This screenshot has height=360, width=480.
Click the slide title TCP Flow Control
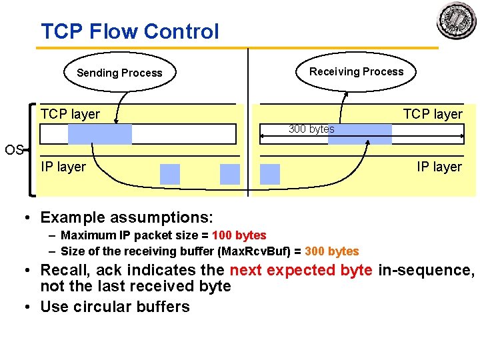pyautogui.click(x=129, y=31)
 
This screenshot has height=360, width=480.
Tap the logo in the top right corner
pyautogui.click(x=457, y=21)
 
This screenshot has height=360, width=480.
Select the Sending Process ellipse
pyautogui.click(x=119, y=73)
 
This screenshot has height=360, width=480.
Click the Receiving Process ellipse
pyautogui.click(x=356, y=71)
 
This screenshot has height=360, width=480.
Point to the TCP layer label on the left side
pyautogui.click(x=70, y=114)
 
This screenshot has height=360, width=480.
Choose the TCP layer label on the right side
pyautogui.click(x=432, y=114)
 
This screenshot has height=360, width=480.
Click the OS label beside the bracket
pyautogui.click(x=14, y=150)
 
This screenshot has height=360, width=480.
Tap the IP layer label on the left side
pyautogui.click(x=63, y=167)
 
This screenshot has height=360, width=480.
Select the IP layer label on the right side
pyautogui.click(x=439, y=167)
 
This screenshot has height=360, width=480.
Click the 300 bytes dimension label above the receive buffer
pyautogui.click(x=311, y=129)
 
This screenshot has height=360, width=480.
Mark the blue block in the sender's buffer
pyautogui.click(x=100, y=135)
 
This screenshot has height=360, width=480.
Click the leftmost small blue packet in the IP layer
pyautogui.click(x=170, y=174)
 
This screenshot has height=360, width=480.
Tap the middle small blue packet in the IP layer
pyautogui.click(x=229, y=174)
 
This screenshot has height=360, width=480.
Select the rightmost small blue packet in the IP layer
pyautogui.click(x=270, y=174)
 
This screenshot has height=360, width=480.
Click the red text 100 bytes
pyautogui.click(x=239, y=235)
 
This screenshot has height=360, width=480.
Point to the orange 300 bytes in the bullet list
pyautogui.click(x=331, y=251)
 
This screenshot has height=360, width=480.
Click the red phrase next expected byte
pyautogui.click(x=301, y=270)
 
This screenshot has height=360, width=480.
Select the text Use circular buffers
pyautogui.click(x=115, y=307)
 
